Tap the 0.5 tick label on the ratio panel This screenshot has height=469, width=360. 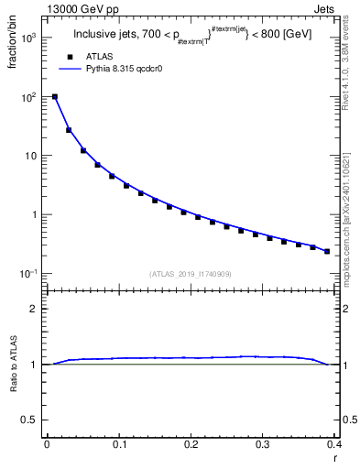(x=31, y=420)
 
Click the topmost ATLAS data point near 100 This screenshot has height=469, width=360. (x=55, y=96)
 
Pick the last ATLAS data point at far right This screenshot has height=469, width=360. (x=327, y=251)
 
